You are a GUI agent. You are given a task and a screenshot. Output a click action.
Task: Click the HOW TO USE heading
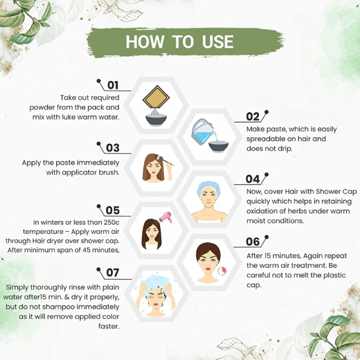click(179, 41)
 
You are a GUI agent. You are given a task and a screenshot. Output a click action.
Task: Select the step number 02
click(253, 117)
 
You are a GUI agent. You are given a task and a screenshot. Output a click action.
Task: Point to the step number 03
click(113, 147)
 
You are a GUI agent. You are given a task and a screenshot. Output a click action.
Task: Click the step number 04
click(253, 179)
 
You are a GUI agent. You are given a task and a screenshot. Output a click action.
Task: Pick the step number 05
click(113, 210)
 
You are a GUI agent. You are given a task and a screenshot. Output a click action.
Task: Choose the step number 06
click(253, 242)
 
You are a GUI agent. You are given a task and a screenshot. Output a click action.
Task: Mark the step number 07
click(113, 272)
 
